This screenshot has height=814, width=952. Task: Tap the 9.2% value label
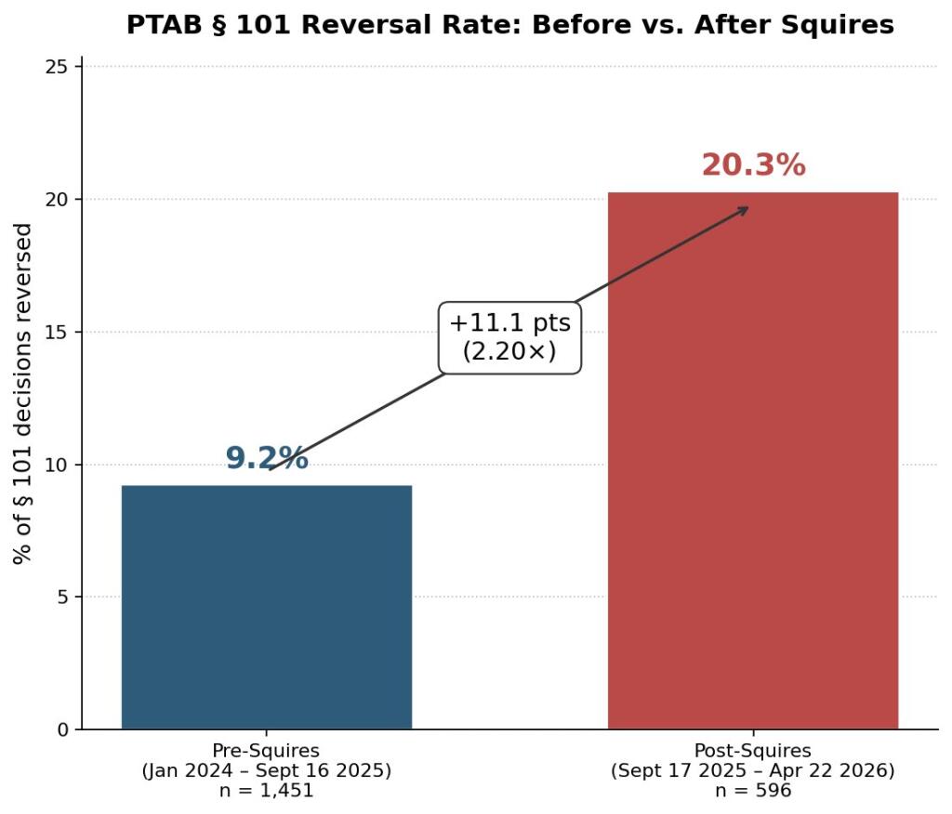click(x=266, y=458)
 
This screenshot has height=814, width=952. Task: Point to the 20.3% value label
click(x=752, y=165)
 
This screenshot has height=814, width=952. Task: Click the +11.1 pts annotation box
click(x=509, y=336)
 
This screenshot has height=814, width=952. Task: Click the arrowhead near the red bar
click(x=743, y=209)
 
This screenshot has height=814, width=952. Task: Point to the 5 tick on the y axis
click(x=63, y=597)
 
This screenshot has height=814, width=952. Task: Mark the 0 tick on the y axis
click(x=63, y=729)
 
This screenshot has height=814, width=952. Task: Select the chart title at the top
click(x=509, y=25)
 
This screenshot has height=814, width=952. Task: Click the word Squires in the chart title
click(x=840, y=25)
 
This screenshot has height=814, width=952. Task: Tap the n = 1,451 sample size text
click(x=266, y=791)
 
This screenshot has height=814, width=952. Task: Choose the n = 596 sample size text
click(x=752, y=791)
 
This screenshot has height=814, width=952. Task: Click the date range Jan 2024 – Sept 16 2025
click(x=266, y=770)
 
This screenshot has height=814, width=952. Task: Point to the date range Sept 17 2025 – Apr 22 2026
click(x=752, y=770)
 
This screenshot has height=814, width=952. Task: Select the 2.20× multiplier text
click(x=509, y=351)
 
